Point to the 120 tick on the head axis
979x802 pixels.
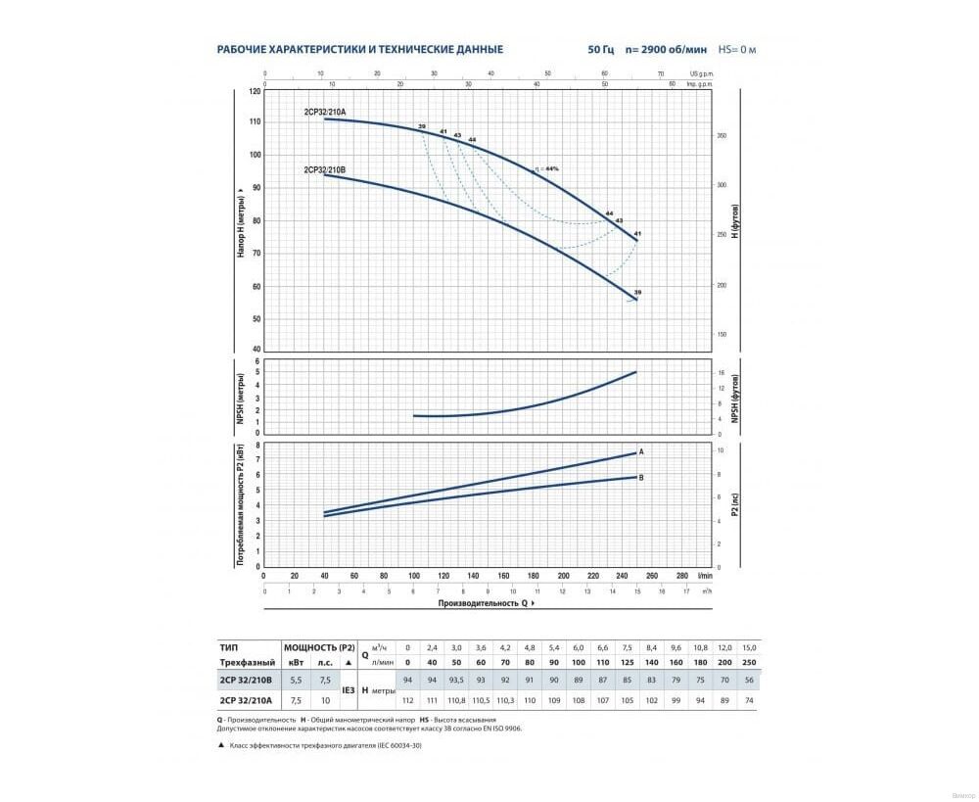pos(256,91)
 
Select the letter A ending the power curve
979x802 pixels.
pos(640,451)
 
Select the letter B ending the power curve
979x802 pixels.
pos(640,477)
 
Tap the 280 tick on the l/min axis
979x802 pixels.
pos(682,577)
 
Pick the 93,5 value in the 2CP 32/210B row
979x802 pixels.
pos(456,681)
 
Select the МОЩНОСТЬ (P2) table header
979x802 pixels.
pos(319,647)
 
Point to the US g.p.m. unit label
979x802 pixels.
pos(700,73)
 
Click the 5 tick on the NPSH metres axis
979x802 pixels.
pos(257,373)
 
